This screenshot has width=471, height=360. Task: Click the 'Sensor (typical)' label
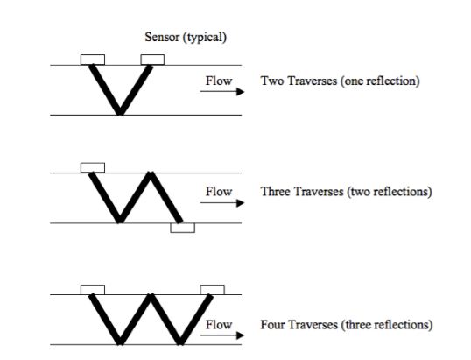(186, 38)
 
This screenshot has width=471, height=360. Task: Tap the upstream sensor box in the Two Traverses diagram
(93, 60)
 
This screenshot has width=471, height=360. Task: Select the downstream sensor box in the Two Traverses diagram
(152, 60)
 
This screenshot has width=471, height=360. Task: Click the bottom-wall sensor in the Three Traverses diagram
(183, 228)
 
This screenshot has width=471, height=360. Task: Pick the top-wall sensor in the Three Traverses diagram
(93, 167)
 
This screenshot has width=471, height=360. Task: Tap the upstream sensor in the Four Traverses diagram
(93, 290)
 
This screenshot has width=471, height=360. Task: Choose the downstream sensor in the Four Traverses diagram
(213, 290)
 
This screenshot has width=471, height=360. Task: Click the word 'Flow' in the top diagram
(219, 81)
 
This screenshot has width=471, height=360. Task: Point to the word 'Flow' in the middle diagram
(219, 192)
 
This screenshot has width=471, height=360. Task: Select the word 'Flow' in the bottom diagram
(219, 325)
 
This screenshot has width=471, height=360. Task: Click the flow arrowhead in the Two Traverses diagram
(240, 92)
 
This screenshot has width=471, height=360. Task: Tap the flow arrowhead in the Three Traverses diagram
(240, 203)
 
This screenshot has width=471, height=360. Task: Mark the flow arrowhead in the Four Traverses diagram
(240, 335)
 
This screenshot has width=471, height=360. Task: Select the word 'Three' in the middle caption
(277, 192)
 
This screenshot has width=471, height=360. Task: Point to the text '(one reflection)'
(380, 81)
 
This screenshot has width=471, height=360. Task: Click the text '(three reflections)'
(387, 325)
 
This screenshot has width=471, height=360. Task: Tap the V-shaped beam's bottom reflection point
(120, 114)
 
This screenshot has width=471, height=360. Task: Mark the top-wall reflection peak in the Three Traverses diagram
(151, 173)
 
